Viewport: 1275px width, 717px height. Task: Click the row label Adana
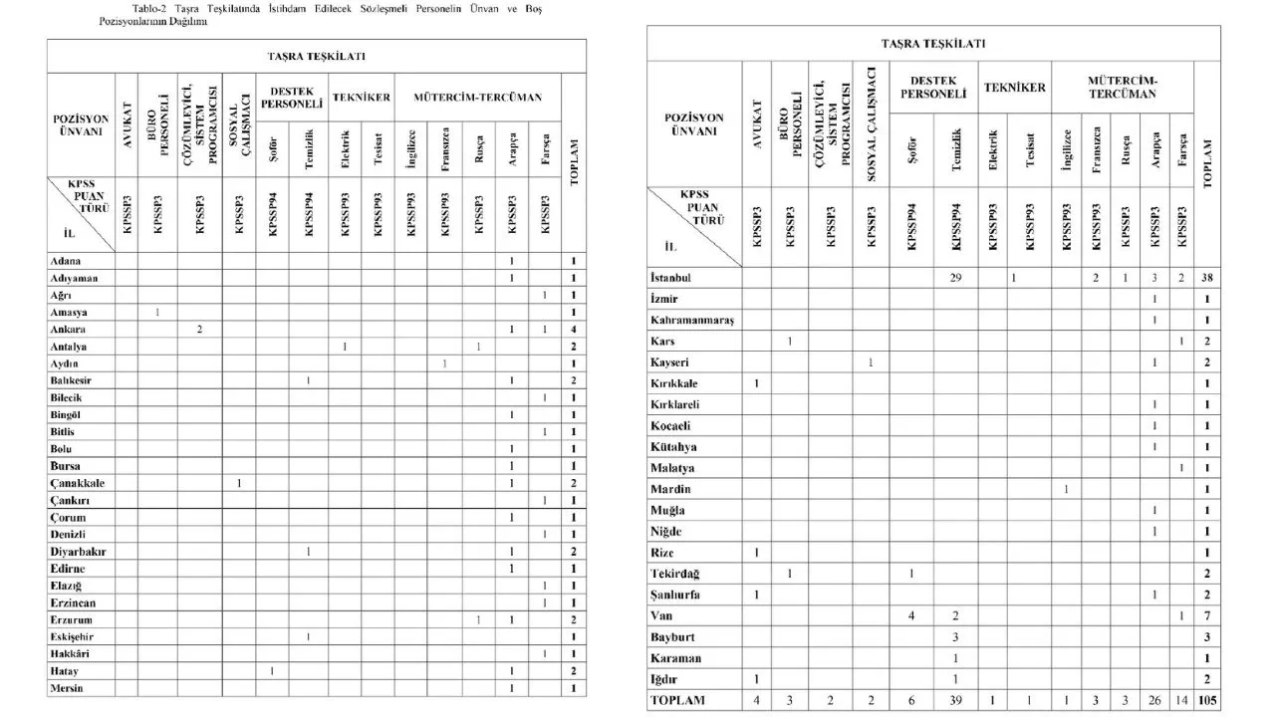[x=65, y=261]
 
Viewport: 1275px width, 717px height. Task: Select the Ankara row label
[x=68, y=329]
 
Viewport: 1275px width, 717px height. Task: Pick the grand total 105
[x=1206, y=700]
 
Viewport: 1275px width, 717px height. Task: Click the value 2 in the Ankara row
[x=200, y=329]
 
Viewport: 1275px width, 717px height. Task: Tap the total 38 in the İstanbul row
[x=1206, y=277]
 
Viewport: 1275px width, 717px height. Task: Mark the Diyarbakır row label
[x=79, y=551]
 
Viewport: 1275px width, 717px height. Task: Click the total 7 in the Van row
[x=1206, y=615]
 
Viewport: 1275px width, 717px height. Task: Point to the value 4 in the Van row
[x=911, y=615]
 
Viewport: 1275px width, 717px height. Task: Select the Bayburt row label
[x=674, y=636]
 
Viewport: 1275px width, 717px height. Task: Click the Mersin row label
[x=68, y=688]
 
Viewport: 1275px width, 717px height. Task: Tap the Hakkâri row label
[x=72, y=653]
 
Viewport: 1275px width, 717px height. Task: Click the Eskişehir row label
[x=75, y=636]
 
